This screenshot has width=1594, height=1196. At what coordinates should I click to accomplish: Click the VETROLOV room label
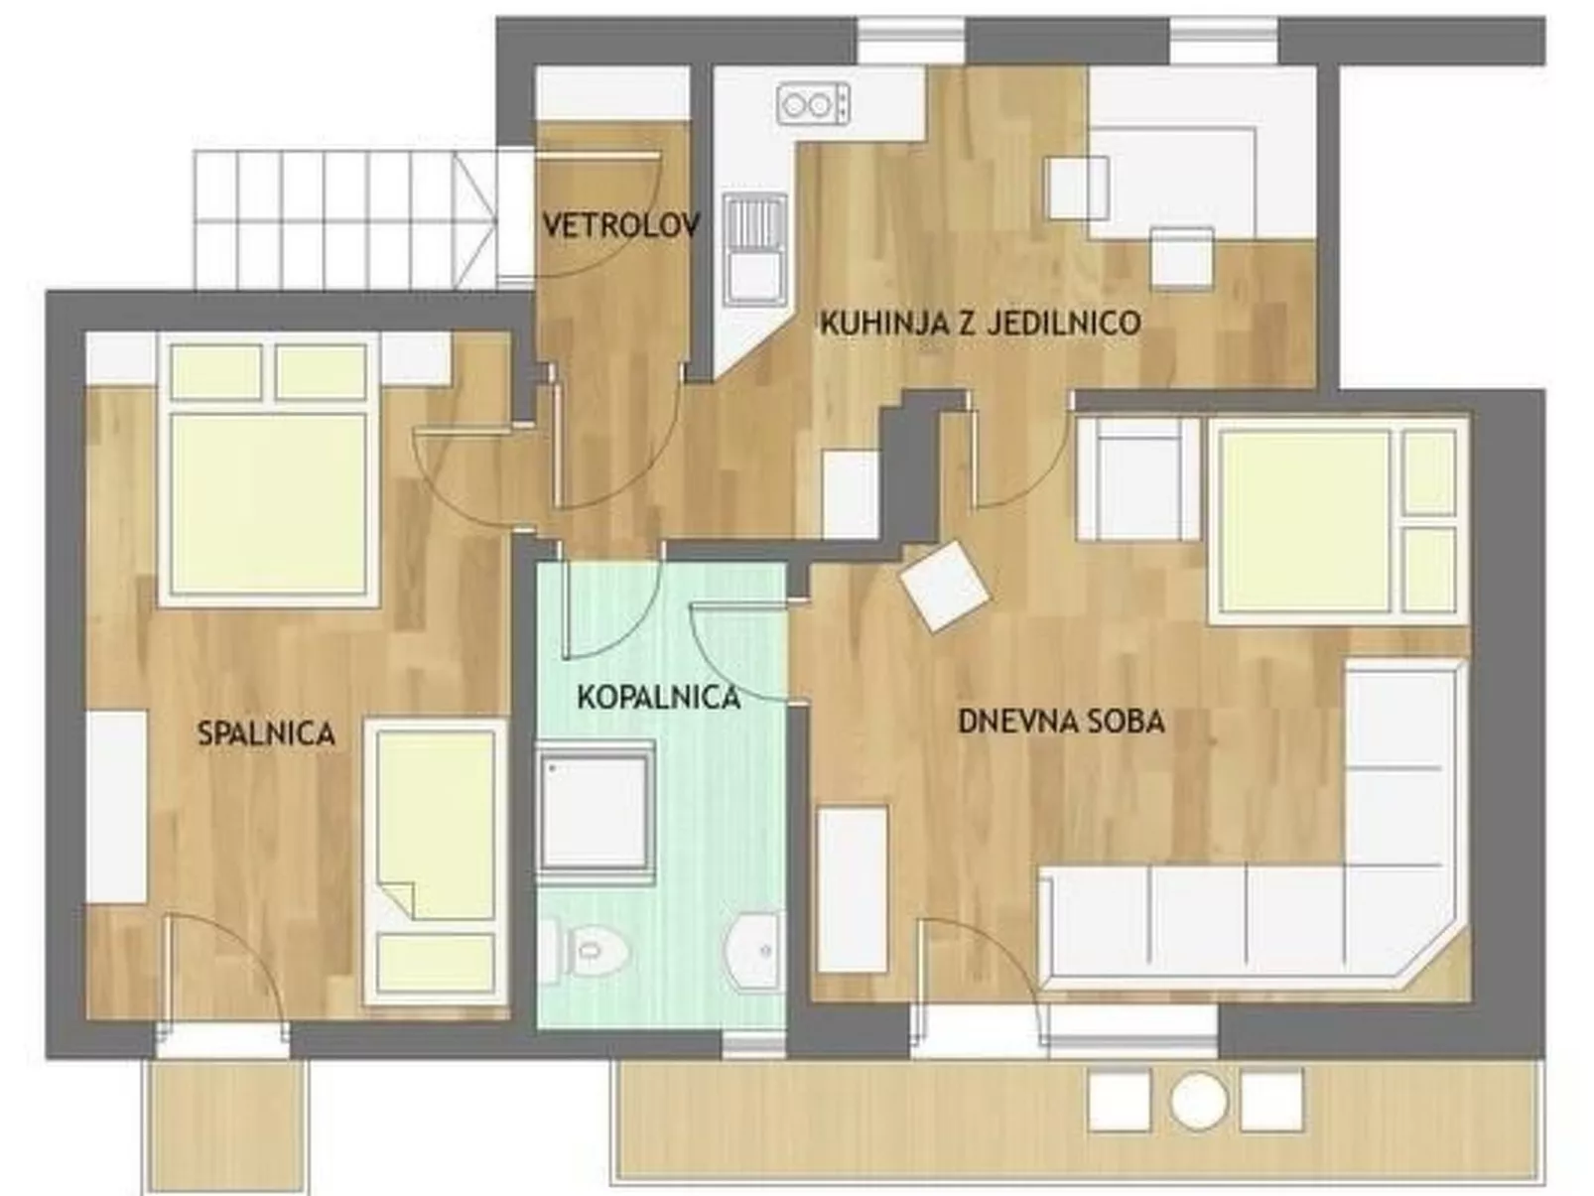point(620,225)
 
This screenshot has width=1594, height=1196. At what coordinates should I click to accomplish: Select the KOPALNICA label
point(658,698)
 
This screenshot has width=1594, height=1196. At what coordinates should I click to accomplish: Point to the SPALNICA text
point(266,734)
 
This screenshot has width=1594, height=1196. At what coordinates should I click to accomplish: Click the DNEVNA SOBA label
point(1061,722)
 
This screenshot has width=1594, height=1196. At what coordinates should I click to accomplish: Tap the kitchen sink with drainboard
point(754,248)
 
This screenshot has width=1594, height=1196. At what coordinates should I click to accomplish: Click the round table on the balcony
point(1199,1100)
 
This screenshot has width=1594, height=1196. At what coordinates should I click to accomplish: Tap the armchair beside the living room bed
point(1138,478)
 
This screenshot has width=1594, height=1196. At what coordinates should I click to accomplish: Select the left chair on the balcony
point(1120,1100)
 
